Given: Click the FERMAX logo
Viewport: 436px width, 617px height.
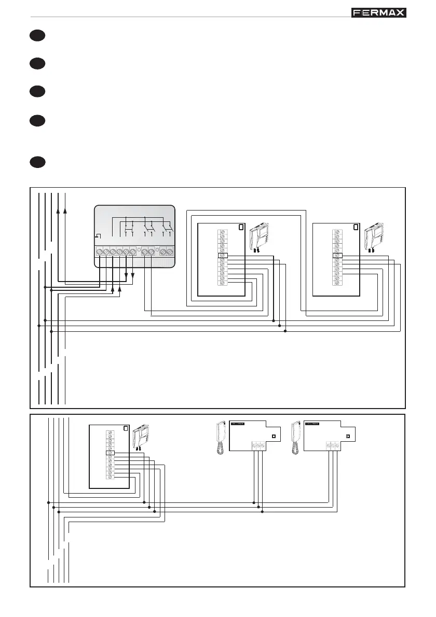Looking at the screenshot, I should pyautogui.click(x=378, y=12).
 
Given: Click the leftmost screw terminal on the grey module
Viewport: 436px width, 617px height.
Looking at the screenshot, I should pyautogui.click(x=99, y=252).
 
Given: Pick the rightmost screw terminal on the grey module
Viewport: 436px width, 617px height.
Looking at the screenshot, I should pyautogui.click(x=170, y=252).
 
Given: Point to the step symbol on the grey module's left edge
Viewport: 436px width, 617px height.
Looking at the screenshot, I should pyautogui.click(x=97, y=236).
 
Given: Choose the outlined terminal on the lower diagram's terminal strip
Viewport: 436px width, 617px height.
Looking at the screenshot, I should pyautogui.click(x=110, y=453).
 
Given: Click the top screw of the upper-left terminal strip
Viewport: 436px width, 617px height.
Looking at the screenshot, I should pyautogui.click(x=223, y=231).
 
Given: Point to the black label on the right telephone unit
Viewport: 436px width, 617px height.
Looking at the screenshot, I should pyautogui.click(x=312, y=424).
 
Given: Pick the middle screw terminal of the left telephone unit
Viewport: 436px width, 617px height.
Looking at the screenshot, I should pyautogui.click(x=258, y=445).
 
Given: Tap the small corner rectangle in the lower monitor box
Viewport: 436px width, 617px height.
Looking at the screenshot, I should pyautogui.click(x=125, y=428).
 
